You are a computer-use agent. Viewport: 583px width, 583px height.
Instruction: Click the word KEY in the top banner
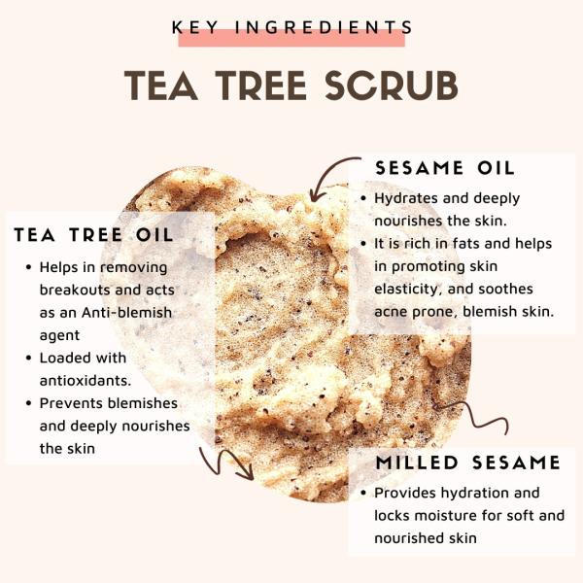point(192,28)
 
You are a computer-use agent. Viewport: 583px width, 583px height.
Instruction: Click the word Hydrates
point(408,198)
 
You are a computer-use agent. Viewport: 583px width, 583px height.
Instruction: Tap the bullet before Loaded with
point(27,359)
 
